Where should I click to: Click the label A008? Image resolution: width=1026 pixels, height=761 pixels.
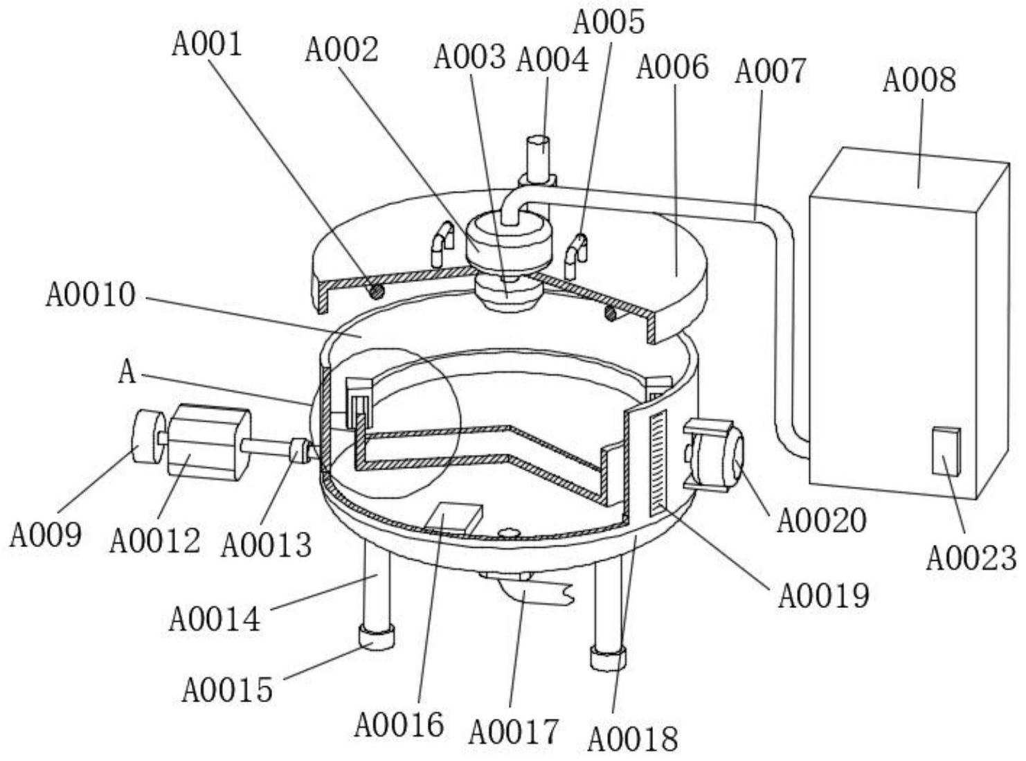coord(918,80)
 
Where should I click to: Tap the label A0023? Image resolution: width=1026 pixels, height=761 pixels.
coord(971,557)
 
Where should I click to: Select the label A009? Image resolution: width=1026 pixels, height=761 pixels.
coord(46,534)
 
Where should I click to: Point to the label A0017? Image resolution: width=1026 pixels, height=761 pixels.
coord(513,731)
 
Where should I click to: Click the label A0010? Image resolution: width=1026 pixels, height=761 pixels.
coord(90,294)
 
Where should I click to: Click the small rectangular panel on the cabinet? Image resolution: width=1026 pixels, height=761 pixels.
coord(946,451)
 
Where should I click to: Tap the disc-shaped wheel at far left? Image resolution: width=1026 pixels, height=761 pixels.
coord(147,438)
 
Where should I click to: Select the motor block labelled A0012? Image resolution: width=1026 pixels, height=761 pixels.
coord(207,442)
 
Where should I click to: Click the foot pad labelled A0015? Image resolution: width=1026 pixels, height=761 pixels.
coord(375,636)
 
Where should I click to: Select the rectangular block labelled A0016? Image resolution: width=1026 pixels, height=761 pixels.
coord(454,519)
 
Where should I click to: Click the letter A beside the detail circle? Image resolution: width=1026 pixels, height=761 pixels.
coord(127,373)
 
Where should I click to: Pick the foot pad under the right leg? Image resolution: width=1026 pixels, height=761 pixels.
coord(608,656)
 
